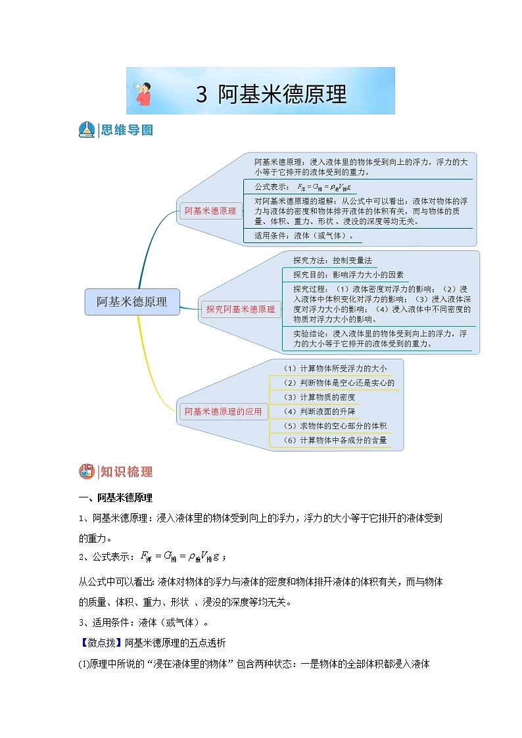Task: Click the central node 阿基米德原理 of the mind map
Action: click(x=132, y=302)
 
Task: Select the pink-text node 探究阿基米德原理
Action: click(x=241, y=309)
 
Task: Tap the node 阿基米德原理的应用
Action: click(x=223, y=412)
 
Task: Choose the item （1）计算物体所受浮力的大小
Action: click(x=335, y=368)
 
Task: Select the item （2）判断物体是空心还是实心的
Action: click(x=339, y=382)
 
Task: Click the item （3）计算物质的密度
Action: click(x=319, y=397)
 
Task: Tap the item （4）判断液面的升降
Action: click(x=319, y=411)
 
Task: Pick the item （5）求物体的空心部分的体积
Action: click(x=335, y=426)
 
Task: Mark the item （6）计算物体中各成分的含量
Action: click(x=335, y=440)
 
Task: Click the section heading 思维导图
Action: click(x=127, y=130)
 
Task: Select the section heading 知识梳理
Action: click(x=127, y=471)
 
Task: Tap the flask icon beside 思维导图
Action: click(x=86, y=130)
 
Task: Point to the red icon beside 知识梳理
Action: click(x=86, y=471)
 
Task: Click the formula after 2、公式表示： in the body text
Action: click(x=180, y=557)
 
